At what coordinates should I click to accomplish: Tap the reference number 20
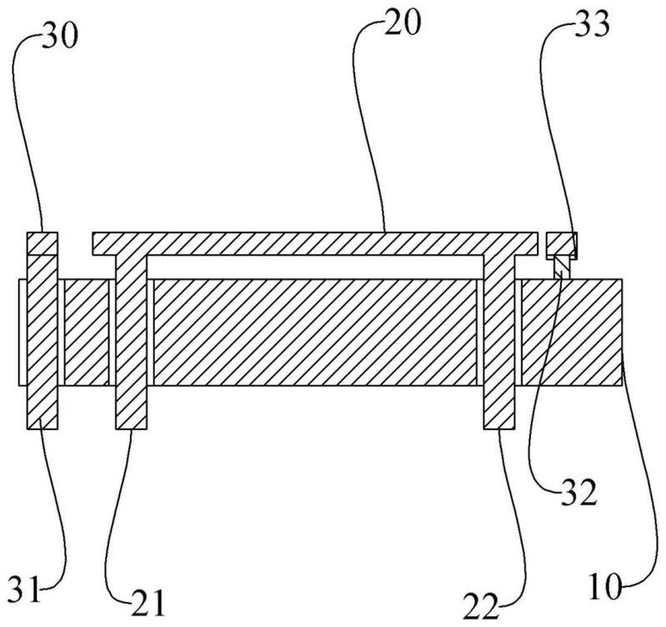(x=403, y=21)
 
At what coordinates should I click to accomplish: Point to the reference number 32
(x=579, y=492)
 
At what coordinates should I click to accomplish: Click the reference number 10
(x=605, y=587)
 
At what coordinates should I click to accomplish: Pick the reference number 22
(x=481, y=606)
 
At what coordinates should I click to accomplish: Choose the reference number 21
(x=148, y=603)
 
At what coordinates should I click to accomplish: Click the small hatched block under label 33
(x=562, y=244)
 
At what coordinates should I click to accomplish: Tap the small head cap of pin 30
(x=42, y=243)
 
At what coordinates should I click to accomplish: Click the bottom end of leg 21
(x=131, y=429)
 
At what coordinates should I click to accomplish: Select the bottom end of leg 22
(x=499, y=429)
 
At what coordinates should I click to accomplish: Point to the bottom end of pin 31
(x=42, y=429)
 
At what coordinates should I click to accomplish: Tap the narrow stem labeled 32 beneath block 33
(x=561, y=268)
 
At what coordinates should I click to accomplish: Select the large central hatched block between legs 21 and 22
(x=315, y=332)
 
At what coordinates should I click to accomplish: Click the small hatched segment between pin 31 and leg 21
(x=87, y=332)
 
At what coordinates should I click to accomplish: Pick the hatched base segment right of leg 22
(x=572, y=332)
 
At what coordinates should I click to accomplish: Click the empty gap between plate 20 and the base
(x=315, y=267)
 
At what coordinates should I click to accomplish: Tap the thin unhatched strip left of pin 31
(x=23, y=332)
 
